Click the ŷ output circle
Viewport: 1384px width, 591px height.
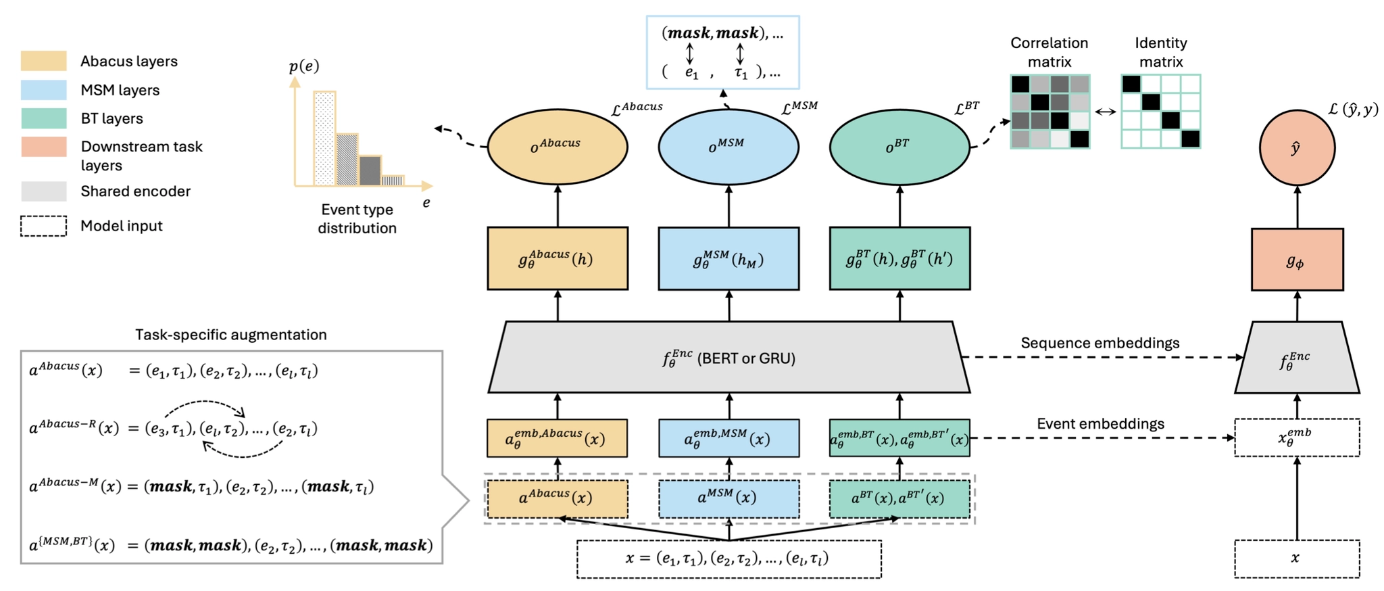coord(1297,147)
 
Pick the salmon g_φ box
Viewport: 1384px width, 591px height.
coord(1297,260)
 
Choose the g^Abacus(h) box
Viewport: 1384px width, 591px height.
coord(558,259)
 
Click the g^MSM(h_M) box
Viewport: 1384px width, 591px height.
coord(728,259)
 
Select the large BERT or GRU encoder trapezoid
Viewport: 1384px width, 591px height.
coord(728,358)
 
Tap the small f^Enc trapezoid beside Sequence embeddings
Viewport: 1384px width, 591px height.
coord(1297,358)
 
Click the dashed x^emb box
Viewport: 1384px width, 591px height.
coord(1297,438)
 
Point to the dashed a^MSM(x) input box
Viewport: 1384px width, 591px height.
coord(728,498)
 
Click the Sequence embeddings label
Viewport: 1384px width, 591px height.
coord(1099,343)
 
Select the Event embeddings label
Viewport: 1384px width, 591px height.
coord(1100,424)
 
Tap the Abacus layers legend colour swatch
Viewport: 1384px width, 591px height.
coord(44,61)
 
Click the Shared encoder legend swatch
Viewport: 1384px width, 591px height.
coord(44,191)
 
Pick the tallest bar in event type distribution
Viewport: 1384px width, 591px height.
coord(324,139)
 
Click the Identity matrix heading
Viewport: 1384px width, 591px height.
coord(1160,52)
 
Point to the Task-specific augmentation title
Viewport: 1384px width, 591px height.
coord(230,335)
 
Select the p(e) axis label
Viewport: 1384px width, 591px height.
coord(304,66)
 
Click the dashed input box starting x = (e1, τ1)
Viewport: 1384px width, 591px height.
coord(728,559)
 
